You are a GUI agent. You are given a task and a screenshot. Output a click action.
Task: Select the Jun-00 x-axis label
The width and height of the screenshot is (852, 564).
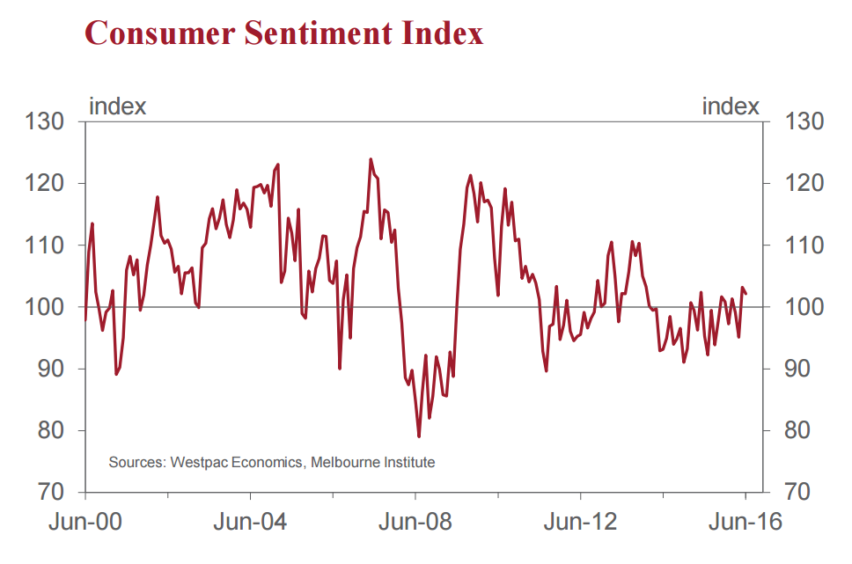tap(85, 522)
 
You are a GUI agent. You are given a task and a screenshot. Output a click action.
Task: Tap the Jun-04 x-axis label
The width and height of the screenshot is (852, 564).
tap(251, 522)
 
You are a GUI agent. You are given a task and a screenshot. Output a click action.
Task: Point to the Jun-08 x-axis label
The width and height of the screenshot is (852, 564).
tap(416, 522)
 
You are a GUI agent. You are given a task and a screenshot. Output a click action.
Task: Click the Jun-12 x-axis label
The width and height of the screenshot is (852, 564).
tap(582, 522)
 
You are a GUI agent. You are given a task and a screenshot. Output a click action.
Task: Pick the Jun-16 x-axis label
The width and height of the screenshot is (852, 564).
tap(745, 522)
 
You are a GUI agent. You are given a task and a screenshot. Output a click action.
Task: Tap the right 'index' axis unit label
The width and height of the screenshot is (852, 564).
tap(731, 106)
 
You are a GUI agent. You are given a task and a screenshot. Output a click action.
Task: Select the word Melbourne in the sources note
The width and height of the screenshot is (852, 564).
tap(344, 462)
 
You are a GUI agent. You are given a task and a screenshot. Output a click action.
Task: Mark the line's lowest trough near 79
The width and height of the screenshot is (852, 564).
tap(419, 436)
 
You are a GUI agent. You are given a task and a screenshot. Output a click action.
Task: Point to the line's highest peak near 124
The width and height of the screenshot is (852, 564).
tap(371, 159)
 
